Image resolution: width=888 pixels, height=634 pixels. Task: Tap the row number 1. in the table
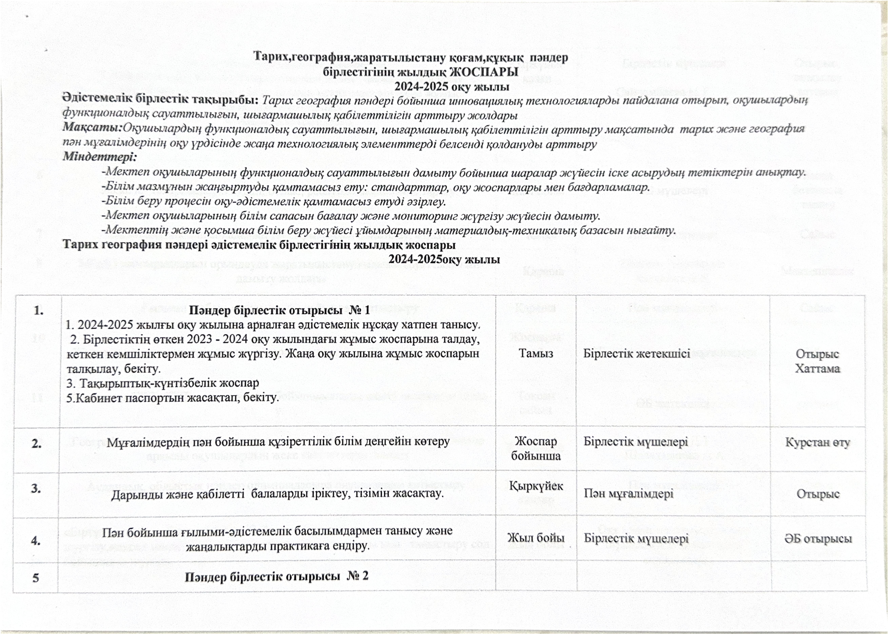[x=38, y=311]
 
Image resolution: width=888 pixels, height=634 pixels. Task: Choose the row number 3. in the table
[x=36, y=488]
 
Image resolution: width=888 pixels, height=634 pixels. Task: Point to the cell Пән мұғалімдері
[x=628, y=494]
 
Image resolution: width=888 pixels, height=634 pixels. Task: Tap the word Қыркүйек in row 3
[x=536, y=486]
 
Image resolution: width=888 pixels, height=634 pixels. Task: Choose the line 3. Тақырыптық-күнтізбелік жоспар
[x=162, y=383]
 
